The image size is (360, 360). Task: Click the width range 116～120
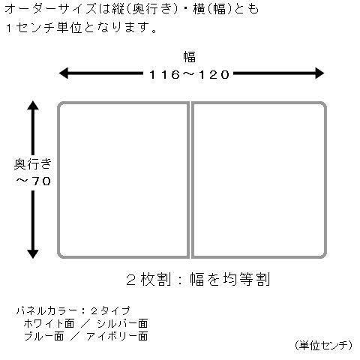(x=189, y=74)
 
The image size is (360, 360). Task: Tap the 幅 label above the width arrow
(x=189, y=56)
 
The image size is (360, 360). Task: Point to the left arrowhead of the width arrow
(x=64, y=73)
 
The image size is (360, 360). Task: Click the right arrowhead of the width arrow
(x=319, y=73)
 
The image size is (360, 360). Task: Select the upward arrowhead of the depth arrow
(x=33, y=105)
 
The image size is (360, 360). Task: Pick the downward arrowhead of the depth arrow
(x=33, y=253)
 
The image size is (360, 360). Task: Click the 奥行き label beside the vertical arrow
(x=33, y=164)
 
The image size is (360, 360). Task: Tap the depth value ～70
(x=34, y=181)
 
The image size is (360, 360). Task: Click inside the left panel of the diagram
(x=123, y=180)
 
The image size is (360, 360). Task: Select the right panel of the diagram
(x=259, y=180)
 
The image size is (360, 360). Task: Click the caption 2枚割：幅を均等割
(x=198, y=279)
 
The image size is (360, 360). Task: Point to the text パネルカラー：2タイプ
(x=73, y=310)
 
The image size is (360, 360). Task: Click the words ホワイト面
(x=49, y=323)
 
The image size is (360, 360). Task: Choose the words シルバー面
(x=122, y=323)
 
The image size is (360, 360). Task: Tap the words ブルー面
(x=44, y=336)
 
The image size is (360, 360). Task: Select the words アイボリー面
(x=117, y=336)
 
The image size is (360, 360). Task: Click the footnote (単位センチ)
(x=323, y=346)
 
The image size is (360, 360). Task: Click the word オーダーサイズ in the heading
(x=51, y=9)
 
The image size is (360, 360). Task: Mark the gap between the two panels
(x=190, y=180)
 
